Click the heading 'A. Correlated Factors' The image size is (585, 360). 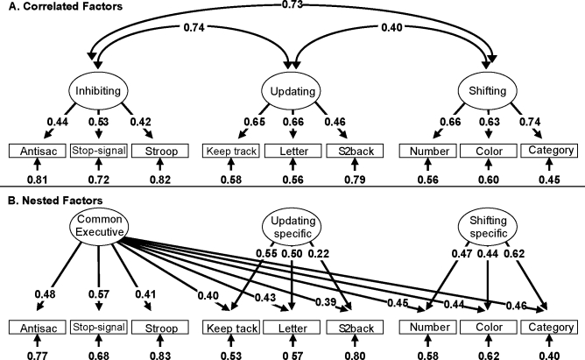(55, 8)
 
